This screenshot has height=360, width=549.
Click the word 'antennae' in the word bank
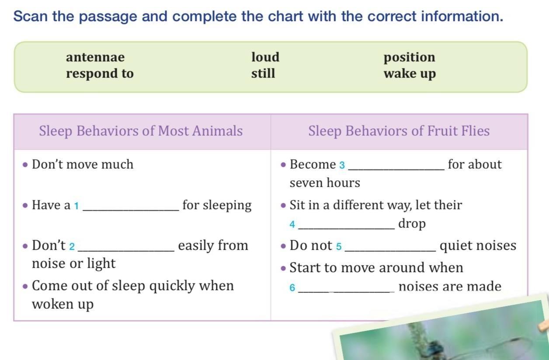point(95,57)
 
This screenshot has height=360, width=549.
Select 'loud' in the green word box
point(265,57)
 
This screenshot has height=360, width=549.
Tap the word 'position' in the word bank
point(410,58)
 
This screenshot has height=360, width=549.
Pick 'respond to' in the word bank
point(100,73)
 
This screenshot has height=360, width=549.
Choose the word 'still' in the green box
point(263,73)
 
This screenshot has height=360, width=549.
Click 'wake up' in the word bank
point(410,74)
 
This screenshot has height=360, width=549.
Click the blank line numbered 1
point(131,210)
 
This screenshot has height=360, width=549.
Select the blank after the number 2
point(126,250)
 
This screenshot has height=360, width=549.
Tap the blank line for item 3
point(396,169)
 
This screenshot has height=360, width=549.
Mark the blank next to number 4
point(346,228)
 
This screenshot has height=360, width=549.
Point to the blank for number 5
point(390,250)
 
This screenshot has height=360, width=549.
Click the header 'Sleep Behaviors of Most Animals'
point(141,131)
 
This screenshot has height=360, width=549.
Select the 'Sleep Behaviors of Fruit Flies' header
point(399,131)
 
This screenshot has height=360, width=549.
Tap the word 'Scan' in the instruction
point(31,17)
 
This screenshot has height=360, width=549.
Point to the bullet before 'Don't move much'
point(25,165)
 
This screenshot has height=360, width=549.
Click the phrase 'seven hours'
point(325,183)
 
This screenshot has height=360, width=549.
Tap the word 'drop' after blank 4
point(412,224)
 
